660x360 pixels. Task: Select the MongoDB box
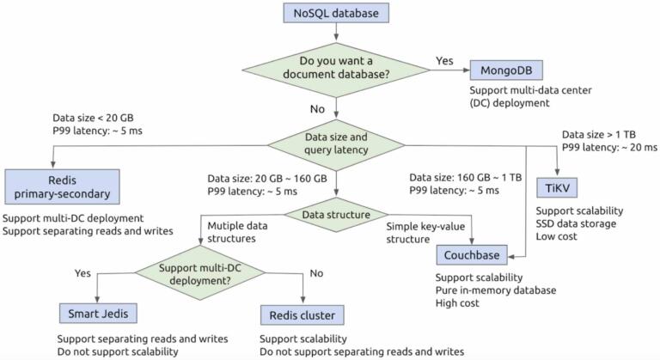[506, 70]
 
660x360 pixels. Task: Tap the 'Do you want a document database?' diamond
[333, 70]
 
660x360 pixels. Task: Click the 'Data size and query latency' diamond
[333, 143]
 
